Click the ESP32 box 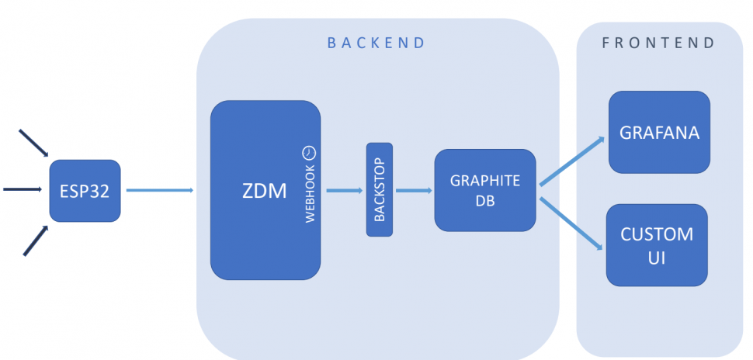pos(85,190)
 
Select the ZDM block pos(265,190)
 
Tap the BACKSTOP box pos(380,189)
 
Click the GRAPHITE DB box pos(484,190)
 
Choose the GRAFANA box pos(659,132)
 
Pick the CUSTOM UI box pos(657,244)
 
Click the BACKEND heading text pos(376,43)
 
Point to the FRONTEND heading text pos(658,43)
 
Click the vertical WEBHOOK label pos(310,194)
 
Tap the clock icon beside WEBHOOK pos(309,151)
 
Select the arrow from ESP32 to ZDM pos(159,189)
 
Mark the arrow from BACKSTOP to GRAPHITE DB pos(413,189)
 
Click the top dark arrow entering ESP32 pos(33,144)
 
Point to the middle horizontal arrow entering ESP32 pos(23,189)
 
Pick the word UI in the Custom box pos(657,258)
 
